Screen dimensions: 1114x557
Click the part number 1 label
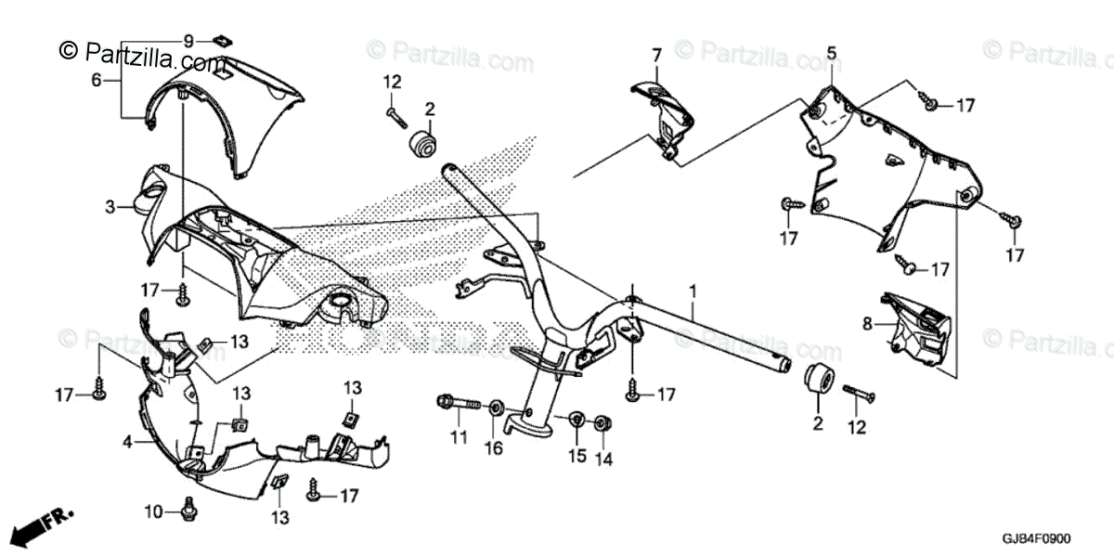tap(692, 291)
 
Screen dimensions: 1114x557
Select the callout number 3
tap(110, 207)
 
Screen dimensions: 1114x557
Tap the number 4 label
tap(127, 443)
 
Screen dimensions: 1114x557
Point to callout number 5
tap(831, 52)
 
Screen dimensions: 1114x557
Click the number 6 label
tap(96, 80)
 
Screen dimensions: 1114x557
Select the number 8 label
tap(867, 324)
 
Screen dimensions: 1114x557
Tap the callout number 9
tap(188, 41)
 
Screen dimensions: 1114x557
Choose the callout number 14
tap(604, 459)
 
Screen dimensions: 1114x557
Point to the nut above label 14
tap(601, 423)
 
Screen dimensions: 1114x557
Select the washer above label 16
tap(495, 408)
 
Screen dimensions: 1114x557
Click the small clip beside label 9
tap(220, 40)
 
